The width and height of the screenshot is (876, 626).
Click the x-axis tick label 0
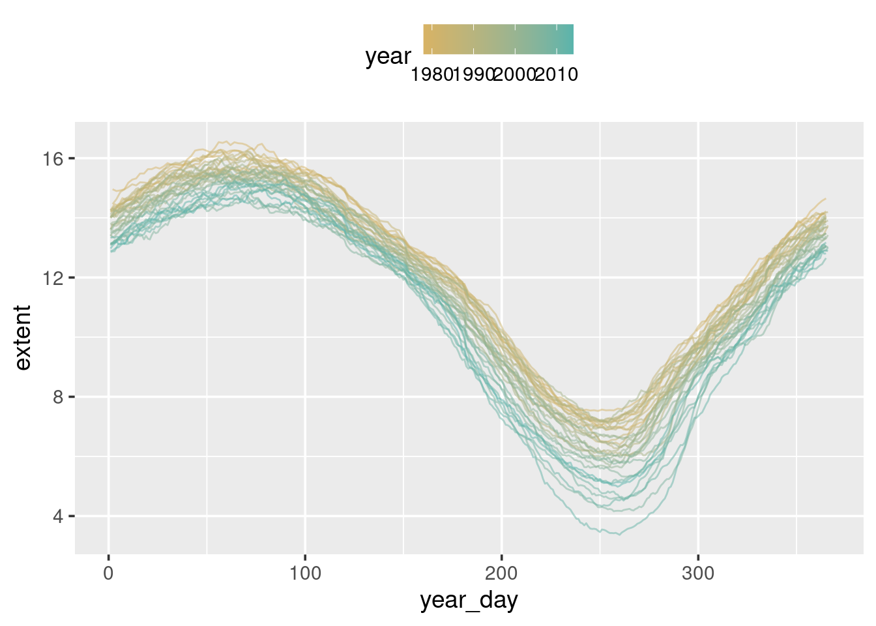point(108,574)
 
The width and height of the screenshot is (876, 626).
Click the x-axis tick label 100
point(305,574)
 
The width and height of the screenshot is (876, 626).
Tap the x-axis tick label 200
point(501,574)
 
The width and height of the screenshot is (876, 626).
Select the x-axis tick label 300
point(698,574)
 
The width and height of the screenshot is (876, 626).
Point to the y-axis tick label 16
point(53,158)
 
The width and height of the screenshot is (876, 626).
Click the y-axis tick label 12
point(53,278)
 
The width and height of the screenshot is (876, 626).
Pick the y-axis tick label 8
point(58,397)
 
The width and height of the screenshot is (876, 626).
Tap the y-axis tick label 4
point(58,516)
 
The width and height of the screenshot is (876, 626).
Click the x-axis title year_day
point(469,600)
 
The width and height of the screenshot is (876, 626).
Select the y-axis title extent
point(22,338)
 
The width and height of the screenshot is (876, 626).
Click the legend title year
point(388,57)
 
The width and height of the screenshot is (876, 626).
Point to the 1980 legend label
point(431,74)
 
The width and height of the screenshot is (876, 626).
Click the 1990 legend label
point(474,74)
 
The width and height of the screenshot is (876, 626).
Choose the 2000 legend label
point(515,74)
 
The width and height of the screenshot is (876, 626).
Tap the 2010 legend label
point(557,74)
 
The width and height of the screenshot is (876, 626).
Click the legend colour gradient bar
point(498,39)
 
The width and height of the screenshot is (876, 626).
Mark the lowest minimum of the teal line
point(619,535)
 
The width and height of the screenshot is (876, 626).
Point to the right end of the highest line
point(826,199)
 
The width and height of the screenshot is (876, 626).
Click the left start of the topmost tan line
point(113,189)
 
